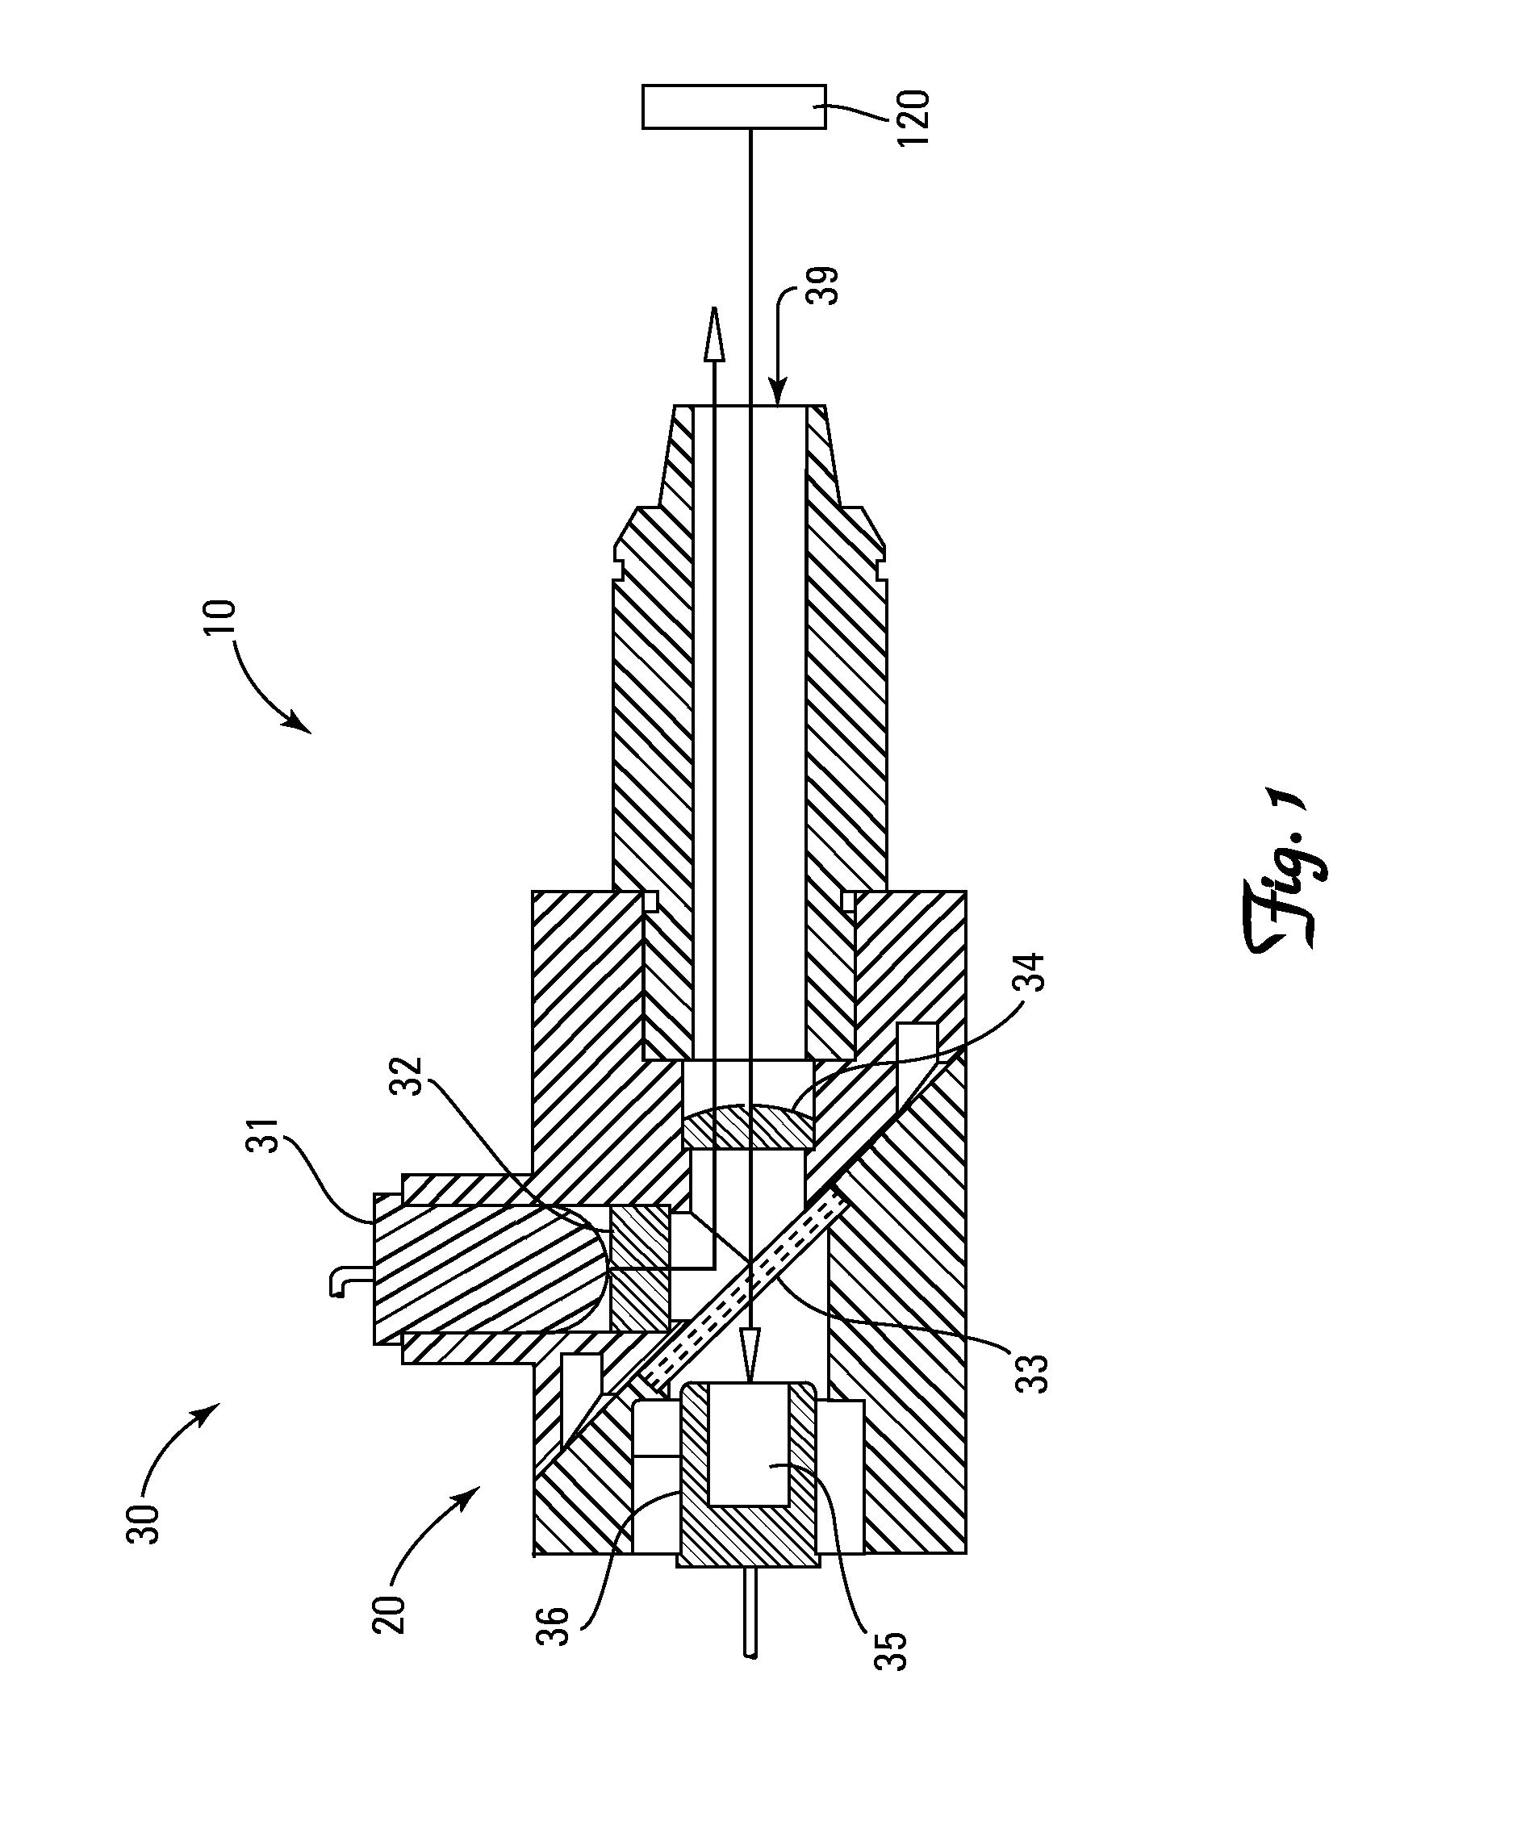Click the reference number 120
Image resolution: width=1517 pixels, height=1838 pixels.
pos(914,117)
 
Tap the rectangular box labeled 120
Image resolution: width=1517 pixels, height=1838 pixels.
pos(733,107)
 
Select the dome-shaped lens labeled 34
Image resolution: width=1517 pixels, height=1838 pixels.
pos(747,1127)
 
